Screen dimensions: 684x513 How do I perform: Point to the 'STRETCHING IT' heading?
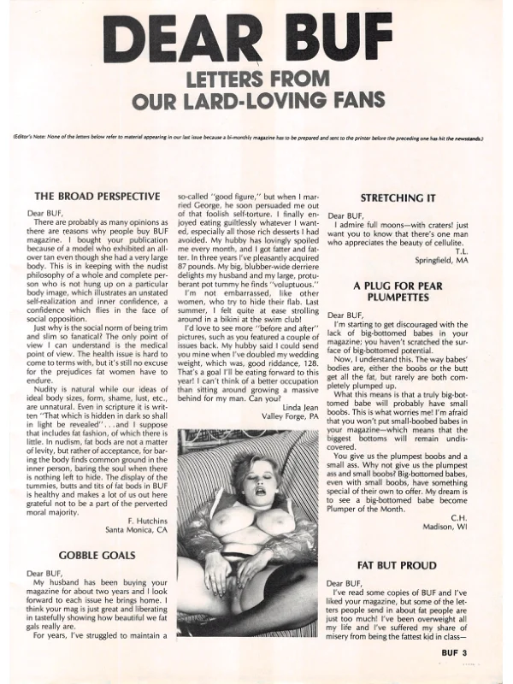pyautogui.click(x=400, y=197)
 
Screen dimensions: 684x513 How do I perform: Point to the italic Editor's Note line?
pyautogui.click(x=248, y=138)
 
